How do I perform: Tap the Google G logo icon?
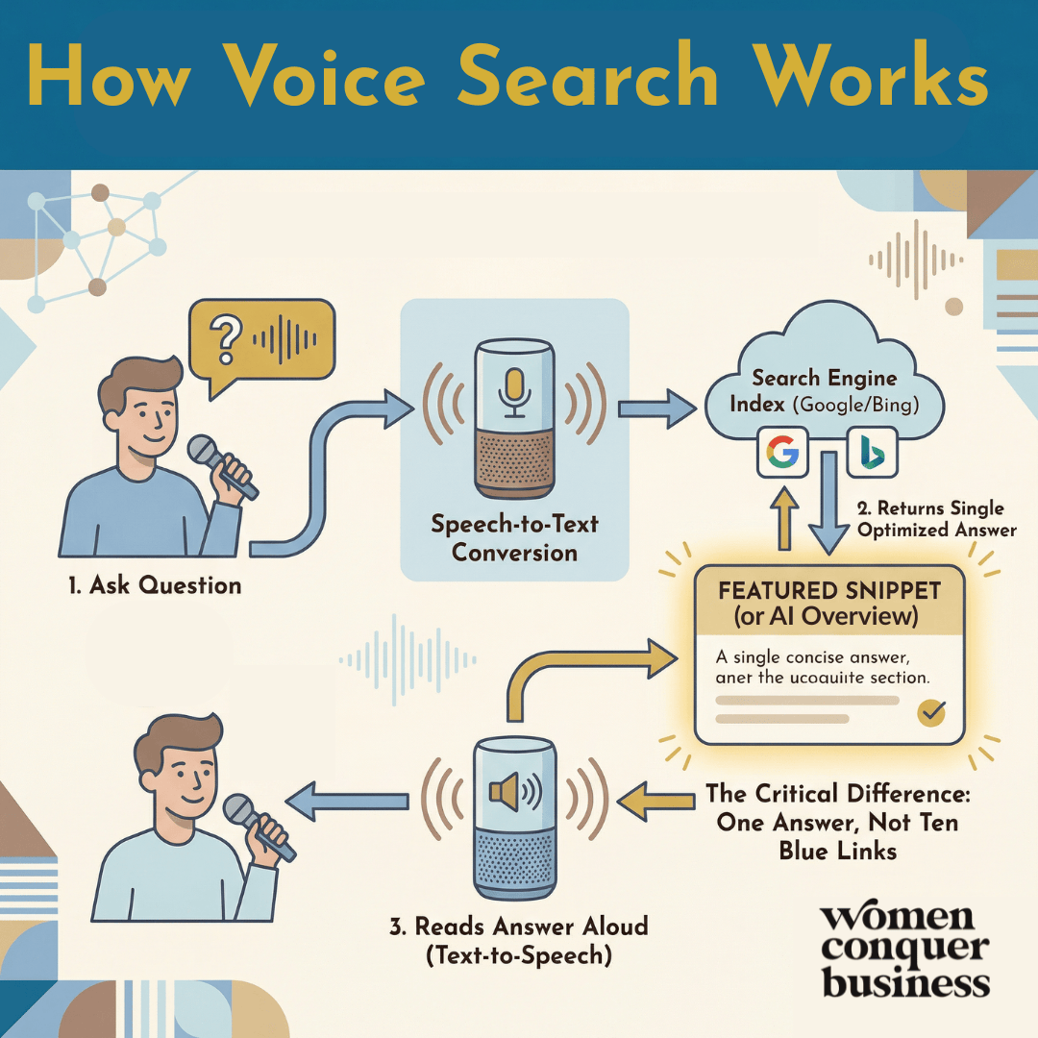coord(783,452)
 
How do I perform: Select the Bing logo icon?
coord(872,452)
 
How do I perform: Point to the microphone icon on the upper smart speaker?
coord(514,389)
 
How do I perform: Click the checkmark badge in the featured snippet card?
coord(931,712)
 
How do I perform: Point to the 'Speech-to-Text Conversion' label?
coord(514,538)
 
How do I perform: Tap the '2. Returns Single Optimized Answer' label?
coord(930,519)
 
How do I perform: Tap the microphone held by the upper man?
coord(221,465)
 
